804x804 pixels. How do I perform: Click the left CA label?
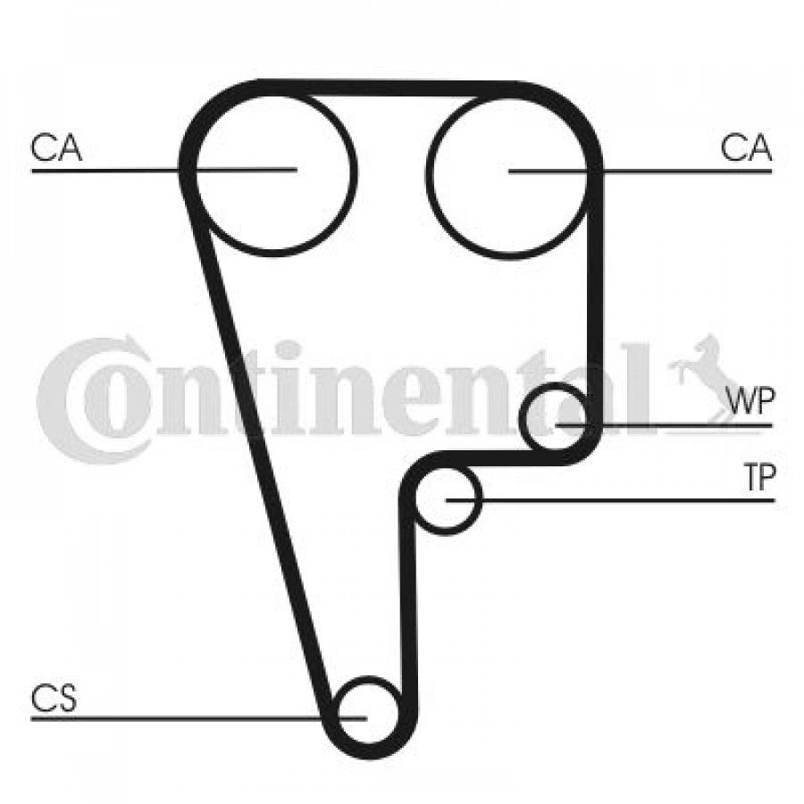tap(56, 147)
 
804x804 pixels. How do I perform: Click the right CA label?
tap(746, 147)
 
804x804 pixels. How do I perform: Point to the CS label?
tap(54, 698)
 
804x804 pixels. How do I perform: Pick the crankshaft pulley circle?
tap(369, 678)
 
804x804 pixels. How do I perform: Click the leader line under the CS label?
tap(198, 718)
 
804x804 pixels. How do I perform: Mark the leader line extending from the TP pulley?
tap(610, 500)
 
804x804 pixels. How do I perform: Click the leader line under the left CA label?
tap(164, 170)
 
